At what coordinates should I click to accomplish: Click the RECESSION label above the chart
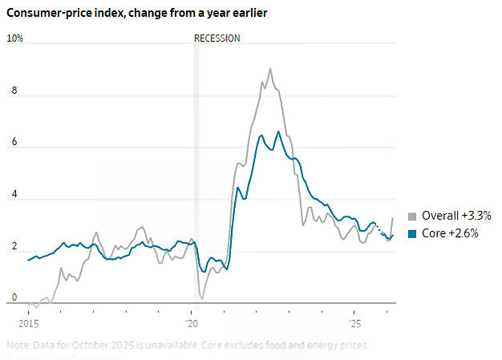(x=217, y=38)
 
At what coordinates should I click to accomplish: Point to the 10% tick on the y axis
(x=15, y=38)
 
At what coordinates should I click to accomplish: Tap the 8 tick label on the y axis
(x=12, y=91)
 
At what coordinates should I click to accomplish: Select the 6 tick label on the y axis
(x=12, y=143)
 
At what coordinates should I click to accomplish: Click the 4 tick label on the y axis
(x=12, y=195)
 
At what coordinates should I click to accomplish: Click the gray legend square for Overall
(x=412, y=216)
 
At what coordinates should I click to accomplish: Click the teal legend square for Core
(x=412, y=233)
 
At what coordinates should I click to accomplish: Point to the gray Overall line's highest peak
(x=270, y=69)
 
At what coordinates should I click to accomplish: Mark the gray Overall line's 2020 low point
(x=200, y=298)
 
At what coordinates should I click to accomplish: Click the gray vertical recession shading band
(x=196, y=160)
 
